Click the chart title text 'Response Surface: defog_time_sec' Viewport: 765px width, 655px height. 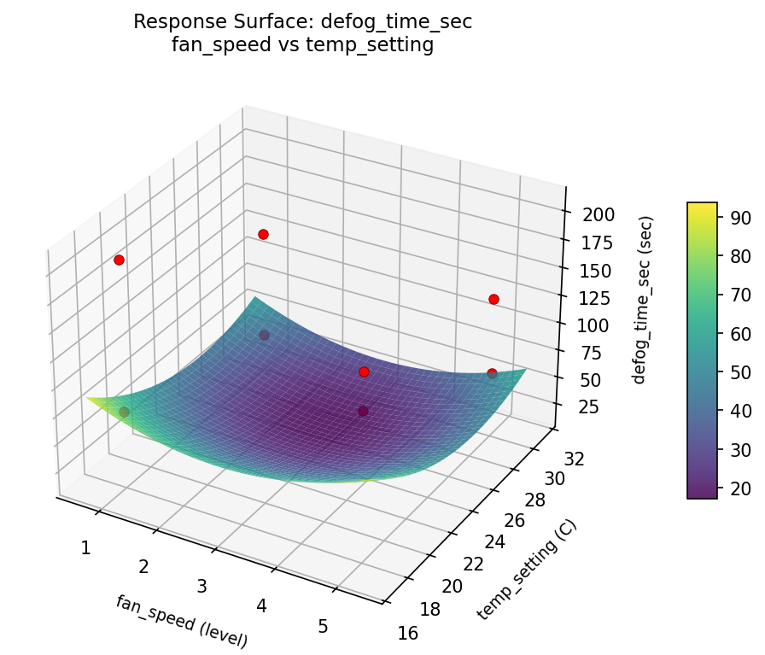click(302, 22)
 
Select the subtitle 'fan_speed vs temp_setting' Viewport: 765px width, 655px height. click(302, 45)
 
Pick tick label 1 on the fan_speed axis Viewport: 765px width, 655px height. click(85, 547)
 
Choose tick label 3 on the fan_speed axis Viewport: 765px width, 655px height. click(202, 586)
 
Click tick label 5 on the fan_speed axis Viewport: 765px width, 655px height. click(323, 626)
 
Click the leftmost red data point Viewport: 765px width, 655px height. click(119, 260)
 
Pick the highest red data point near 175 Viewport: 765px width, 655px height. click(263, 234)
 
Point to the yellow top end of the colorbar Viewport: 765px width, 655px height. click(702, 206)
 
